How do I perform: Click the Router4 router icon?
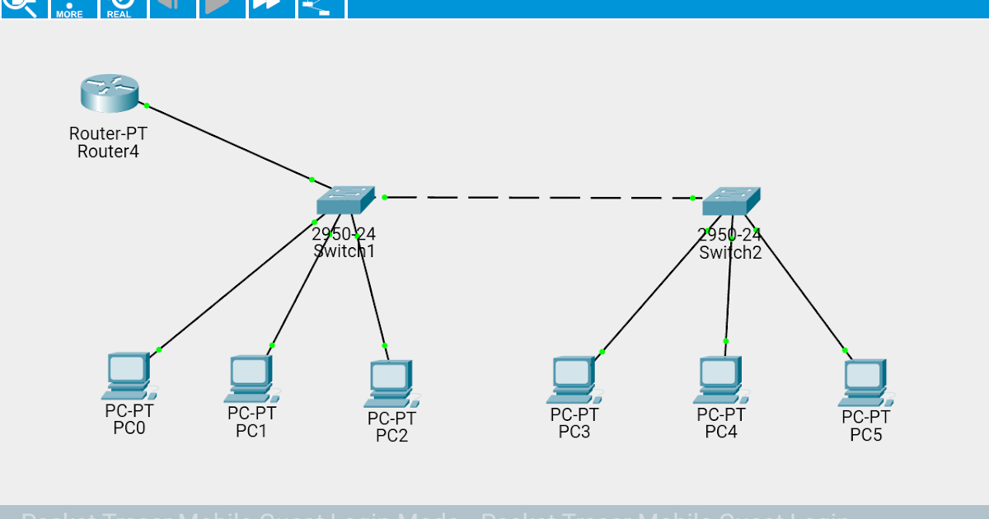click(x=110, y=93)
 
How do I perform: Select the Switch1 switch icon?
click(x=345, y=200)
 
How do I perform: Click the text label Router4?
click(x=108, y=151)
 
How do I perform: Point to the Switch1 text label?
click(x=345, y=251)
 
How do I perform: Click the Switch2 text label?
click(x=730, y=253)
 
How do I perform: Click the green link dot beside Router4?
click(x=147, y=105)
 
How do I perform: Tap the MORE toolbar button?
click(x=69, y=8)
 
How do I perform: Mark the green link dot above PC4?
click(x=726, y=341)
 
